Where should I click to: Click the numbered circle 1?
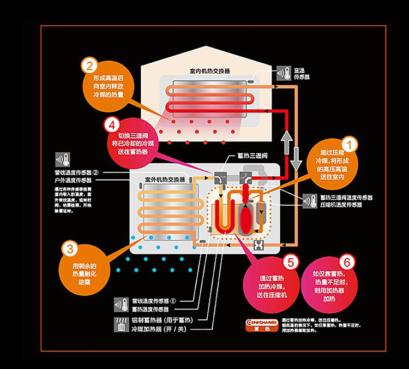tap(348, 145)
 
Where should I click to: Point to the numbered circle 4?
tap(110, 123)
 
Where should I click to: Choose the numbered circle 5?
tap(290, 263)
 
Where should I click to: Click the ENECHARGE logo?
tap(258, 322)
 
